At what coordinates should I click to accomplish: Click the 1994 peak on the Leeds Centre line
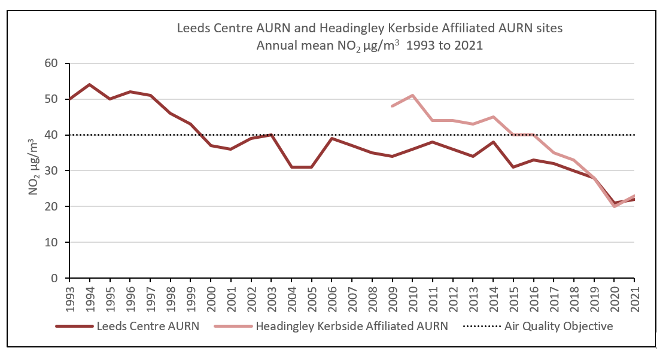89,84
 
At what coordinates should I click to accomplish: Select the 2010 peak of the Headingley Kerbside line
412,95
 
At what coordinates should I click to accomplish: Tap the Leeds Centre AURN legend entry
129,326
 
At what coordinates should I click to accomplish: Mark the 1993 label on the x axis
69,295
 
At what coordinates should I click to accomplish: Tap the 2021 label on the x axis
634,295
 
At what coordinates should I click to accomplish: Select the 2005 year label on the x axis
312,295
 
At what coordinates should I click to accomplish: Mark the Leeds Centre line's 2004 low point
291,167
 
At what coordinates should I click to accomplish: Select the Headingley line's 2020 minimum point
614,206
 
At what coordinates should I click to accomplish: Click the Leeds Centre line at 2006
332,138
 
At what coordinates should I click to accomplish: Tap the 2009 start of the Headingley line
392,106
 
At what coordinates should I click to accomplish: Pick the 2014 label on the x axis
493,295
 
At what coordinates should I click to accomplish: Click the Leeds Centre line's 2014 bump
493,142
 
